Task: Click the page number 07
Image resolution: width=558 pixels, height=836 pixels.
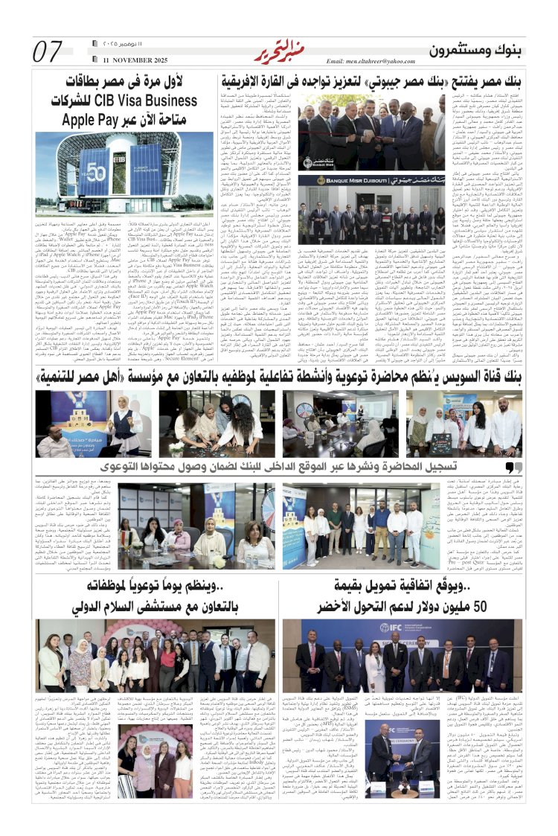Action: pos(47,52)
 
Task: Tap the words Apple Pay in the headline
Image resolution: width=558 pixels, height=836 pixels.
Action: pos(89,118)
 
